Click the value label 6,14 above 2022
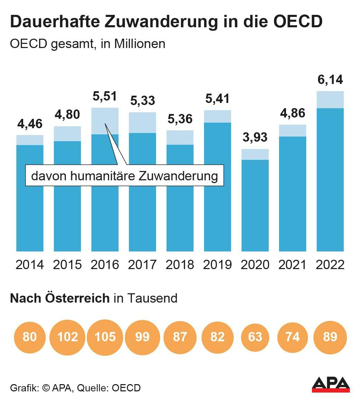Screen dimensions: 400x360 pyautogui.click(x=330, y=79)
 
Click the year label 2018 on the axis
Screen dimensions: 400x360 pyautogui.click(x=180, y=265)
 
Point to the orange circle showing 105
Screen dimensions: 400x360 pyautogui.click(x=105, y=337)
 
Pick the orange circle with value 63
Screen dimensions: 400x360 pyautogui.click(x=255, y=337)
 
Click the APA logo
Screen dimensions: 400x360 pyautogui.click(x=331, y=384)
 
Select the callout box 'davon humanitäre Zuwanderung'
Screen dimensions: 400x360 pyautogui.click(x=124, y=176)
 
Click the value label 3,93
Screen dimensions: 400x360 pyautogui.click(x=255, y=137)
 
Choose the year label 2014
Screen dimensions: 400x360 pyautogui.click(x=30, y=265)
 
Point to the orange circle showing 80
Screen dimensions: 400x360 pyautogui.click(x=30, y=337)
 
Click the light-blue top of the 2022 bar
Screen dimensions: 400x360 pyautogui.click(x=330, y=100)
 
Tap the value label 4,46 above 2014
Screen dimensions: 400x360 pyautogui.click(x=30, y=124)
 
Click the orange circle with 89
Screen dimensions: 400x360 pyautogui.click(x=330, y=337)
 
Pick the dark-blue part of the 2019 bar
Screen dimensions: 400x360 pyautogui.click(x=218, y=187)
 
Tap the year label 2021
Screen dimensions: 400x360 pyautogui.click(x=293, y=265)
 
